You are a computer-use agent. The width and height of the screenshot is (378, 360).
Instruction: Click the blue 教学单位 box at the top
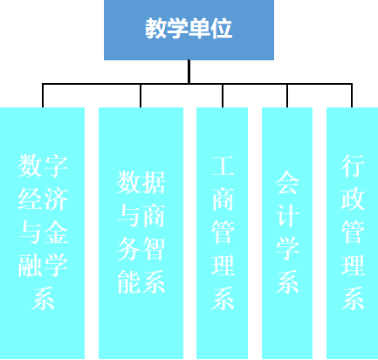pyautogui.click(x=189, y=30)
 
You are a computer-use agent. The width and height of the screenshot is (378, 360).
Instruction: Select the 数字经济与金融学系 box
pyautogui.click(x=42, y=233)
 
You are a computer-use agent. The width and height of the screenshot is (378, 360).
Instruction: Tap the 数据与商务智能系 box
pyautogui.click(x=141, y=233)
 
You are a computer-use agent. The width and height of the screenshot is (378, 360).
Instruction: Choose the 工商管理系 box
pyautogui.click(x=222, y=233)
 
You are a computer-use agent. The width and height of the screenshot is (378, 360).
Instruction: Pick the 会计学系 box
pyautogui.click(x=287, y=233)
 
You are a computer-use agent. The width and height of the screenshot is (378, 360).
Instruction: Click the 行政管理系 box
pyautogui.click(x=352, y=233)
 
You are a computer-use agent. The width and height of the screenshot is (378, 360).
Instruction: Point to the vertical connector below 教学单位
pyautogui.click(x=189, y=72)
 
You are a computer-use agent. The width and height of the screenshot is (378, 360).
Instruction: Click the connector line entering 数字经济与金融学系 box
pyautogui.click(x=43, y=95)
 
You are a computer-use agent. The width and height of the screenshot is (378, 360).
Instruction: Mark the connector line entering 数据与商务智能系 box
pyautogui.click(x=141, y=95)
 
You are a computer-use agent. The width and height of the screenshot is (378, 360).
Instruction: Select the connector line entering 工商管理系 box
pyautogui.click(x=223, y=95)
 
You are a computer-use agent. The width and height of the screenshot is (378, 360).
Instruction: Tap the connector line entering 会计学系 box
pyautogui.click(x=287, y=95)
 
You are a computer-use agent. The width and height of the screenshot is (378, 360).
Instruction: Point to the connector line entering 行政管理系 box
pyautogui.click(x=352, y=95)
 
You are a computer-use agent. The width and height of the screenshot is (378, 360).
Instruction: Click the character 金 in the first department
pyautogui.click(x=56, y=232)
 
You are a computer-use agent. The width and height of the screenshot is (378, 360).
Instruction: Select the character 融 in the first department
pyautogui.click(x=31, y=266)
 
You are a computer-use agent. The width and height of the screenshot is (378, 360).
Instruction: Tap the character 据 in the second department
pyautogui.click(x=154, y=183)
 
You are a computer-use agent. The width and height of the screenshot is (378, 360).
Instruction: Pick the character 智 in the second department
pyautogui.click(x=154, y=248)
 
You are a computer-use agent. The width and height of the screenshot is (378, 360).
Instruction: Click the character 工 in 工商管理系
pyautogui.click(x=223, y=166)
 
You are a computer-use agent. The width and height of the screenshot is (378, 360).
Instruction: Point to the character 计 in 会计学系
pyautogui.click(x=287, y=216)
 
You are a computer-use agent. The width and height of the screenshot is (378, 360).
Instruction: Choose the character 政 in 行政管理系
pyautogui.click(x=353, y=199)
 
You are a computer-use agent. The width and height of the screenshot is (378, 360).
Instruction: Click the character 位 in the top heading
pyautogui.click(x=222, y=28)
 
